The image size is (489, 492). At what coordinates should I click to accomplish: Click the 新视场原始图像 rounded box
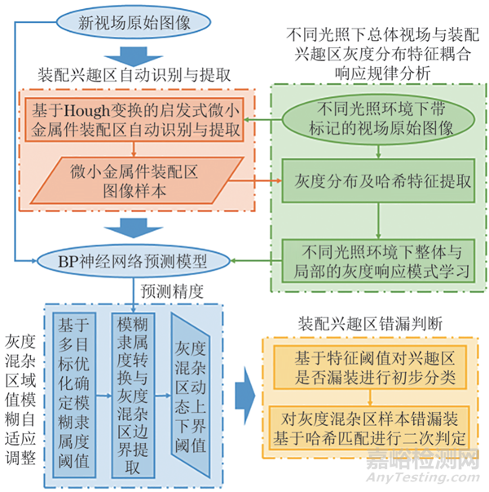coord(135,22)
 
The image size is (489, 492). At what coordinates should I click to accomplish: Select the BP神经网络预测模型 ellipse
coord(132,262)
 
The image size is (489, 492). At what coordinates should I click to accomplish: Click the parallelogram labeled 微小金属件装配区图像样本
coord(135,180)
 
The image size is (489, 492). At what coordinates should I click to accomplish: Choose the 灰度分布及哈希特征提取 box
coord(377,180)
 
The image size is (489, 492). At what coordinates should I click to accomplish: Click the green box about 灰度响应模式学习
coord(377,261)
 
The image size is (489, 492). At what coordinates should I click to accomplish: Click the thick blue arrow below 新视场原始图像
coord(134,55)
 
